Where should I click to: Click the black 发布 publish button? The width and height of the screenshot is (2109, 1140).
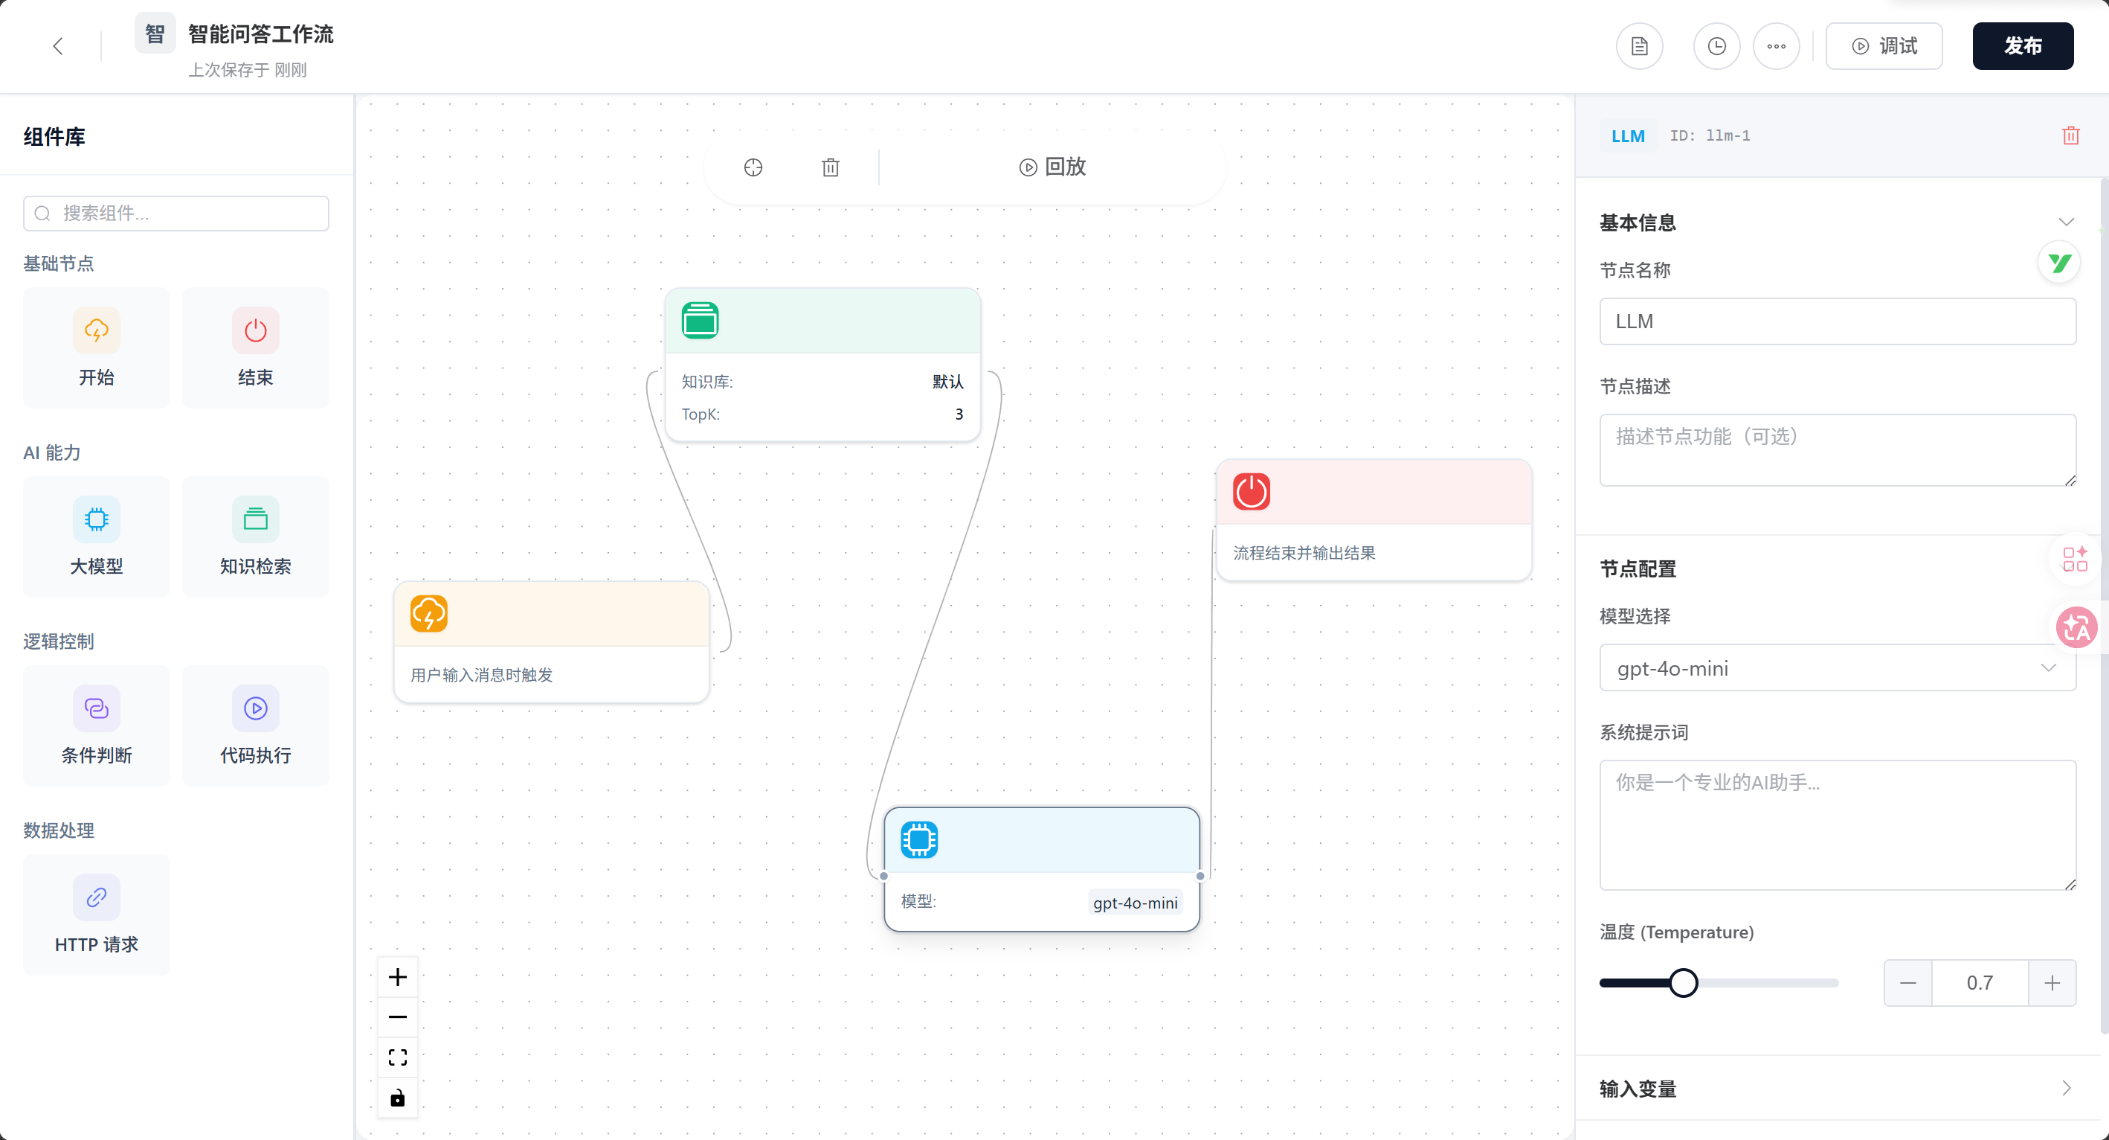2022,46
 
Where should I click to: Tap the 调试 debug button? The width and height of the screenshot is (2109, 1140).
1884,46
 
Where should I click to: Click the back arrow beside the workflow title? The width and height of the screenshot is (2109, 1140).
57,46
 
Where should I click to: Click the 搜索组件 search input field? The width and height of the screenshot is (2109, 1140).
176,213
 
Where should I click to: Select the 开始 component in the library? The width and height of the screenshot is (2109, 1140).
97,348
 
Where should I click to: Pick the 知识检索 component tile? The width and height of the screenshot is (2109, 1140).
255,537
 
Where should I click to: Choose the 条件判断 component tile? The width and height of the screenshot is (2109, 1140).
97,726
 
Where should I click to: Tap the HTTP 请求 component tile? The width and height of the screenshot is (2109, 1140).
97,915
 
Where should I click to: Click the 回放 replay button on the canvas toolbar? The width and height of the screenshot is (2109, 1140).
1053,167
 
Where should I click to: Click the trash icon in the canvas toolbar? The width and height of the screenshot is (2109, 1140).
830,167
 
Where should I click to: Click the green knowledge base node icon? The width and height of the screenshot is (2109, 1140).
700,320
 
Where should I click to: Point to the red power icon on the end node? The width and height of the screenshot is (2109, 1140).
1252,491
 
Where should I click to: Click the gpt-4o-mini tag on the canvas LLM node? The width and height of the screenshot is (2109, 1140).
1135,903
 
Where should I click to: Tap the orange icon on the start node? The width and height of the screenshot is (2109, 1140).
429,613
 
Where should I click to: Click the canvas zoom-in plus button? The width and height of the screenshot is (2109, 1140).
398,977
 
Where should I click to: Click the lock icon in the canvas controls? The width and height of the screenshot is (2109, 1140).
398,1098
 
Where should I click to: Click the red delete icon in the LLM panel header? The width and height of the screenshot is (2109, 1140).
2070,136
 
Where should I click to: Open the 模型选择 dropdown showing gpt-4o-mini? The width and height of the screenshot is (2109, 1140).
1837,668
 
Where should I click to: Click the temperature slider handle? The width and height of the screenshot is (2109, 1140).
1684,983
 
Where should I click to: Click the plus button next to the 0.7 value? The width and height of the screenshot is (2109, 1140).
2052,983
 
